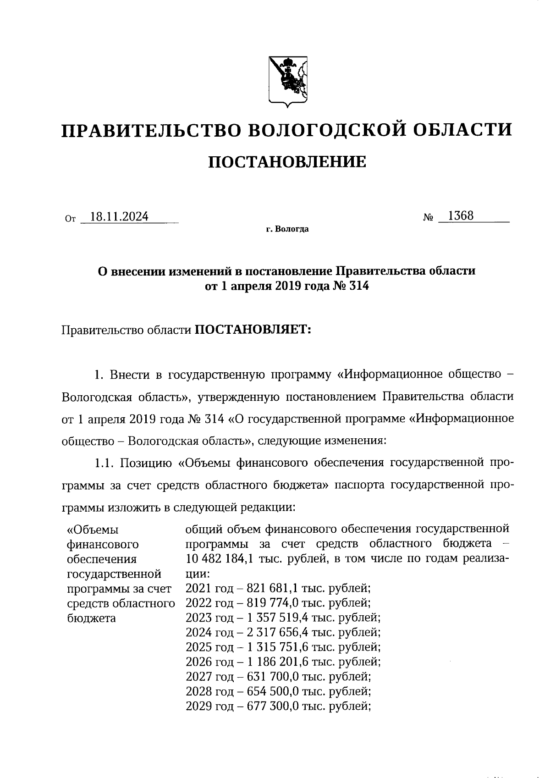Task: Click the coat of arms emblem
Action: tap(287, 82)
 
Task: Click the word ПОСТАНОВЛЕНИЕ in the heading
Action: tap(287, 162)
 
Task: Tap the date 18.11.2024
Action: tap(120, 216)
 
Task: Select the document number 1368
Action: tap(461, 215)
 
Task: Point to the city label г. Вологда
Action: tap(287, 229)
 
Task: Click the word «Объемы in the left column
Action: tap(93, 530)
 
